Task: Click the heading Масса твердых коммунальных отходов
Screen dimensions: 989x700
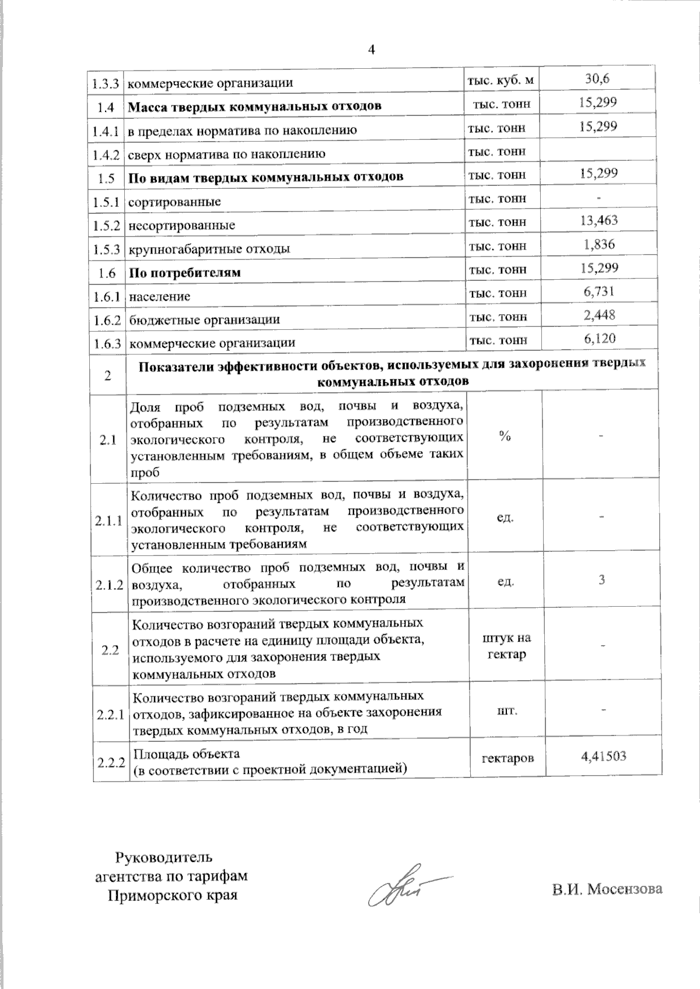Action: (x=254, y=106)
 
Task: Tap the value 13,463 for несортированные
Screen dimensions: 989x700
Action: (x=600, y=220)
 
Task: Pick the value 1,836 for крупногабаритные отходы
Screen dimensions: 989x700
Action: (x=599, y=244)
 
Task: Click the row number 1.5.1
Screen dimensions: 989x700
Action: (x=106, y=202)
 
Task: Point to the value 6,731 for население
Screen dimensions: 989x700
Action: (x=599, y=291)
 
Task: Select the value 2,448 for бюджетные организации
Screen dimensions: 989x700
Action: (x=599, y=315)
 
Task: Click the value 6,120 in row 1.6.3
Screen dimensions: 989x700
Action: (x=599, y=339)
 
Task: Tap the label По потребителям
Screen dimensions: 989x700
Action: (x=184, y=272)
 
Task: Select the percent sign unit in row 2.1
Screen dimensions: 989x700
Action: (x=505, y=437)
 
